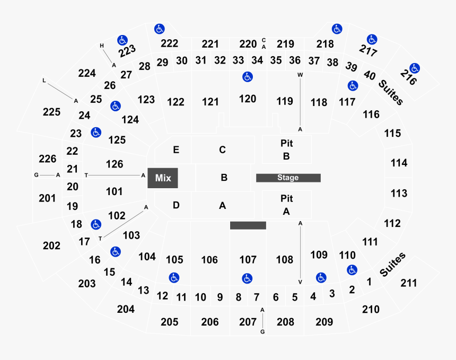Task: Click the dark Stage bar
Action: [x=288, y=178]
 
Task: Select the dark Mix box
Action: [x=163, y=178]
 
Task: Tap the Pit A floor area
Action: [x=287, y=205]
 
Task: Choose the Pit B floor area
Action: [x=287, y=150]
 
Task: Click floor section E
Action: [x=173, y=150]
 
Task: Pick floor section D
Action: [x=173, y=205]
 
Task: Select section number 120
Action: [x=248, y=99]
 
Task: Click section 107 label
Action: [x=248, y=259]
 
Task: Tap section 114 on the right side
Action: [x=399, y=163]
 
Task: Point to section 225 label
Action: [x=51, y=112]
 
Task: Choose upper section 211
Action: [x=409, y=283]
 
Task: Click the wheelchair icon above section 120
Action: [x=248, y=77]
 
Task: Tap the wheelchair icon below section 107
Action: [x=247, y=278]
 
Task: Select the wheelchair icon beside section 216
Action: [x=415, y=68]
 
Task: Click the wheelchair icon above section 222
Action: [x=160, y=29]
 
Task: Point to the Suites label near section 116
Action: [x=391, y=92]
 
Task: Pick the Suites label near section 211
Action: [x=392, y=265]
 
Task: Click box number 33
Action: [x=238, y=60]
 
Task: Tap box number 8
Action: [x=239, y=297]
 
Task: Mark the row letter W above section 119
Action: [x=300, y=75]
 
